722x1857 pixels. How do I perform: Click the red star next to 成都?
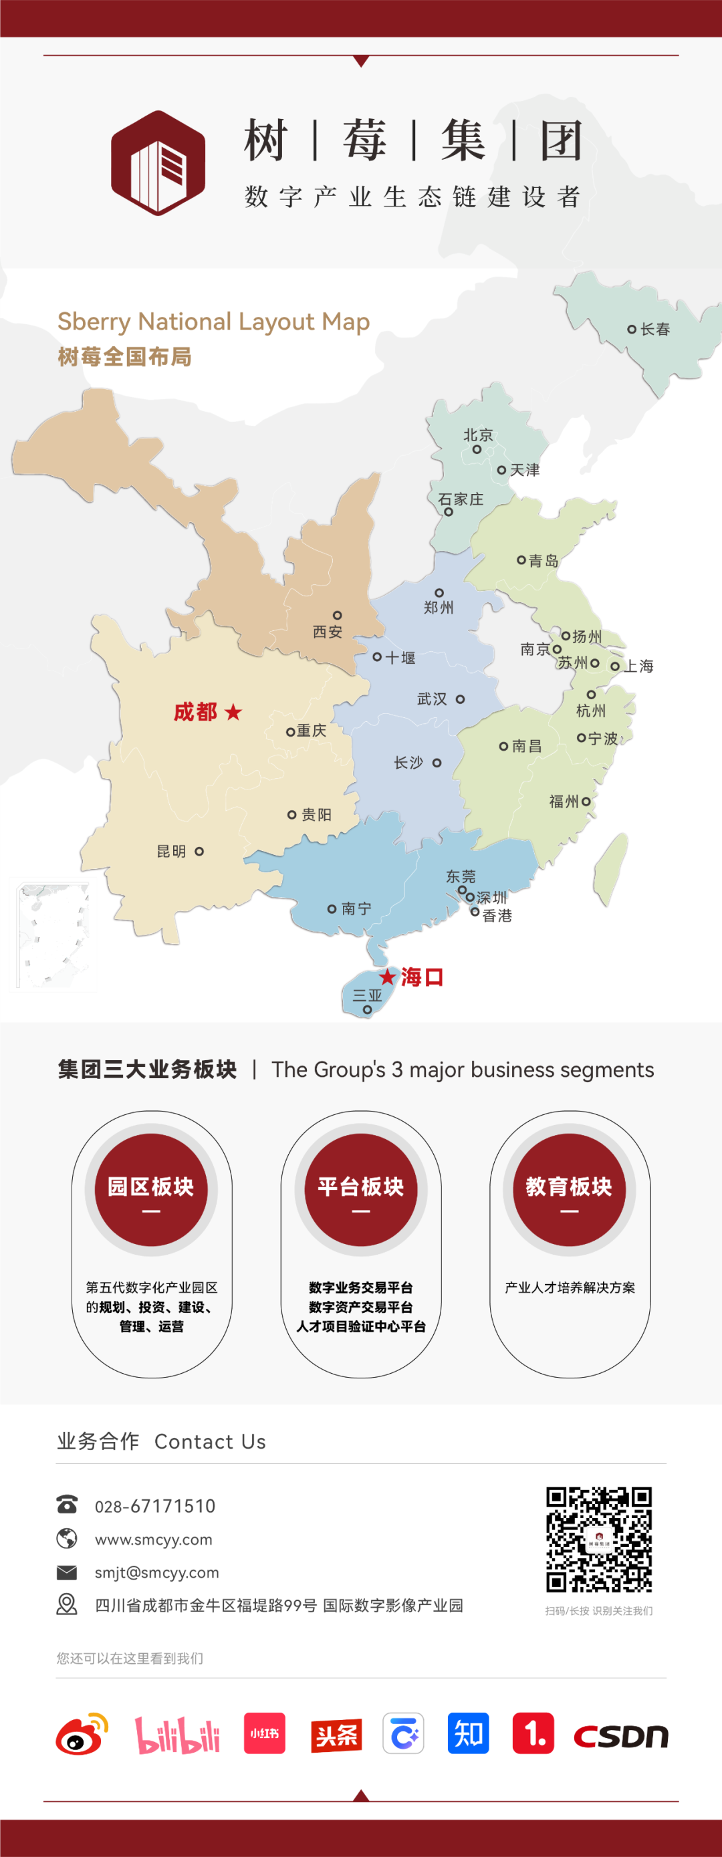(x=233, y=712)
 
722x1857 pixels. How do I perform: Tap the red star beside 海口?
(x=388, y=977)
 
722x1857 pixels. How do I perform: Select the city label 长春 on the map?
(x=655, y=330)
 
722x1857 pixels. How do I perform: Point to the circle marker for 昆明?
(x=199, y=852)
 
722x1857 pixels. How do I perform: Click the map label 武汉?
(x=432, y=699)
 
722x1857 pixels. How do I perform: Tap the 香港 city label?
(x=497, y=916)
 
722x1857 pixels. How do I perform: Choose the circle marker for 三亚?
(x=367, y=1009)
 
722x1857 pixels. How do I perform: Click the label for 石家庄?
(x=461, y=499)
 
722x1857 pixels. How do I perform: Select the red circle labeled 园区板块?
(x=150, y=1189)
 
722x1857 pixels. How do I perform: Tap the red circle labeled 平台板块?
(x=360, y=1189)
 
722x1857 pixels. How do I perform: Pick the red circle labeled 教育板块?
(x=569, y=1189)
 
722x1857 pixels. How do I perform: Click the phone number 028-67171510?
(x=155, y=1506)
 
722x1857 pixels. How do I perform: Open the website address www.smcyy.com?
(x=154, y=1539)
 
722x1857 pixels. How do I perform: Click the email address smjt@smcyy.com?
(x=156, y=1572)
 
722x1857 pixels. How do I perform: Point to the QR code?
(x=599, y=1539)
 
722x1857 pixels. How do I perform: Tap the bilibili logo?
(x=177, y=1735)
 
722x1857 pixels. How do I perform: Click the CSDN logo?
(x=621, y=1736)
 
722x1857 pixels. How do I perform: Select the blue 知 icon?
(x=468, y=1733)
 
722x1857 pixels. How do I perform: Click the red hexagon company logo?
(x=158, y=163)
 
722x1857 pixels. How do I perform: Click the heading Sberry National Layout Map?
(x=213, y=322)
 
